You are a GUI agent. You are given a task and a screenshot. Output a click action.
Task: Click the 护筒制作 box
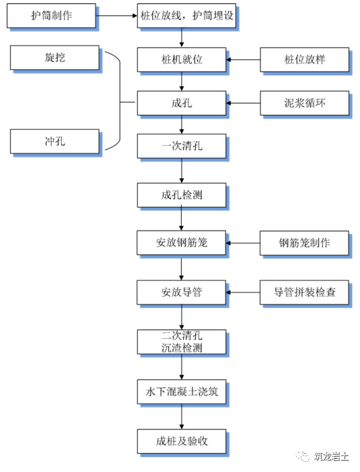pos(51,15)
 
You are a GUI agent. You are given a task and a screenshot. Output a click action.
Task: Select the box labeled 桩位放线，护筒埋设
pos(186,15)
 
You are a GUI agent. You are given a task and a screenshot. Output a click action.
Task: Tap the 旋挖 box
pos(55,58)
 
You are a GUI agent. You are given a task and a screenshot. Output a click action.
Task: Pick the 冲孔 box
pos(55,141)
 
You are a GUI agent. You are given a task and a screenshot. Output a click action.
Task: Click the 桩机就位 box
pos(182,60)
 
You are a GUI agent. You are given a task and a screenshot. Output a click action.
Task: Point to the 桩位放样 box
pos(305,60)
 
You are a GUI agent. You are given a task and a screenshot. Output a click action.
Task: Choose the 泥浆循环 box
pos(305,104)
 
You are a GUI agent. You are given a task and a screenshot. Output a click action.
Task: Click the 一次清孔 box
pos(182,147)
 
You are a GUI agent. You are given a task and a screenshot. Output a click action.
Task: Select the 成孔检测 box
pos(182,195)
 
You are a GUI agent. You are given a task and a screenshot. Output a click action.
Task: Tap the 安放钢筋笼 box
pos(182,243)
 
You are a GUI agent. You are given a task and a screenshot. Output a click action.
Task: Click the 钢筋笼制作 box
pos(304,243)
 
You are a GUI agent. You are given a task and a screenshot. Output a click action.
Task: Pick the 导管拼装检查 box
pos(304,292)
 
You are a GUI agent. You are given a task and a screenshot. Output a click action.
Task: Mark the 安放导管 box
pos(182,292)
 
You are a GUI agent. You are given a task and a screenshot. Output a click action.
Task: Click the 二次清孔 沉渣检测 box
pos(182,342)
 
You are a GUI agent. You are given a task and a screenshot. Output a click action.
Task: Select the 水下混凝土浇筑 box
pos(182,391)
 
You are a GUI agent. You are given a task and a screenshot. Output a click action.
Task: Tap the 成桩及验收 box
pos(182,441)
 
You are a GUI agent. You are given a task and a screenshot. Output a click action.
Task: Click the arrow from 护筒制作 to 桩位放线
pos(116,15)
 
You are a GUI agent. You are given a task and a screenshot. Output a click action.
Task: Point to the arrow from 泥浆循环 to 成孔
pos(243,104)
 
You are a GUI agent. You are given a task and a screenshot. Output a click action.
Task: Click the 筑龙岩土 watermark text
pos(331,457)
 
